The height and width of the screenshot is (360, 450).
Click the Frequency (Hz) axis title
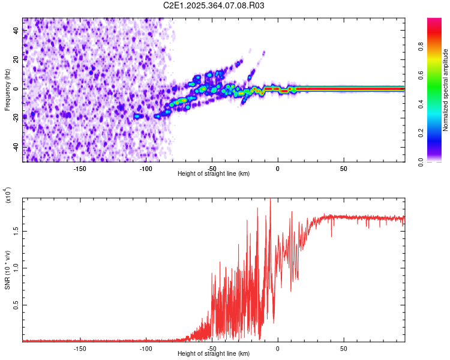click(7, 90)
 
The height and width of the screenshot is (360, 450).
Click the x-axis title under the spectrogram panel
click(214, 173)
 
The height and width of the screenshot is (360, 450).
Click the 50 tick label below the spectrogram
click(343, 169)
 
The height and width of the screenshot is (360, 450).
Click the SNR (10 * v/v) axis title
click(8, 270)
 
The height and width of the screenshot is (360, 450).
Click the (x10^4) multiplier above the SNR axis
click(8, 195)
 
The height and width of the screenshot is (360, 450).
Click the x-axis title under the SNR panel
click(214, 353)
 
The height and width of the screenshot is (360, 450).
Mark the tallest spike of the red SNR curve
click(270, 199)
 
